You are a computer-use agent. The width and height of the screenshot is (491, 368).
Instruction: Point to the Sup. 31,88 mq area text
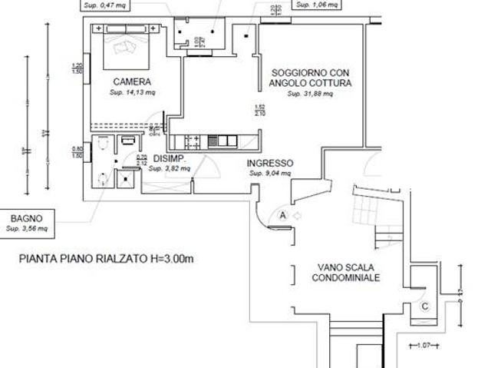[x=310, y=94]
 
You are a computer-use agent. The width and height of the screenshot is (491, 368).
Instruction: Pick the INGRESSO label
[x=269, y=164]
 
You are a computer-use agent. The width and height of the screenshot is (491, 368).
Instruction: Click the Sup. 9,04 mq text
[x=270, y=174]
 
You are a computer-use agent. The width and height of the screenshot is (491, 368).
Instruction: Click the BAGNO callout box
[x=26, y=222]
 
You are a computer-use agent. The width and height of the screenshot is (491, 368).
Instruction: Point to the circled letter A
[x=283, y=216]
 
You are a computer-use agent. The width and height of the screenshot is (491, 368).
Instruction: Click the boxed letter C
[x=425, y=307]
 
